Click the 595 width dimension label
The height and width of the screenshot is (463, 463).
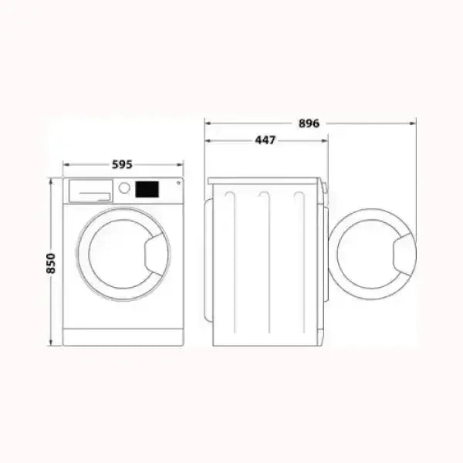pos(122,164)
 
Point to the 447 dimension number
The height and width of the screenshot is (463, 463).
pos(265,140)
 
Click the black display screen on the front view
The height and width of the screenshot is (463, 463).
pos(147,189)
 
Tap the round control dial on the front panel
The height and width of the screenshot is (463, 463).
pos(123,188)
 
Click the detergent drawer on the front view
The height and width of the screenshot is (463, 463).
pos(90,190)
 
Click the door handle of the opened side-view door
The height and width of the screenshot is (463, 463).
pos(404,254)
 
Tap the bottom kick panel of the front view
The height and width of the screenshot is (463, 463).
pos(123,337)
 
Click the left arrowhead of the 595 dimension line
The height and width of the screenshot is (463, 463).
pos(65,165)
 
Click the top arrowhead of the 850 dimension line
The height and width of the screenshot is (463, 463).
pos(51,180)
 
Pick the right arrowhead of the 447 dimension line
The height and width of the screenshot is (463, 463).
pos(325,140)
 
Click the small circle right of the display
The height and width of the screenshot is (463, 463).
pos(178,183)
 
